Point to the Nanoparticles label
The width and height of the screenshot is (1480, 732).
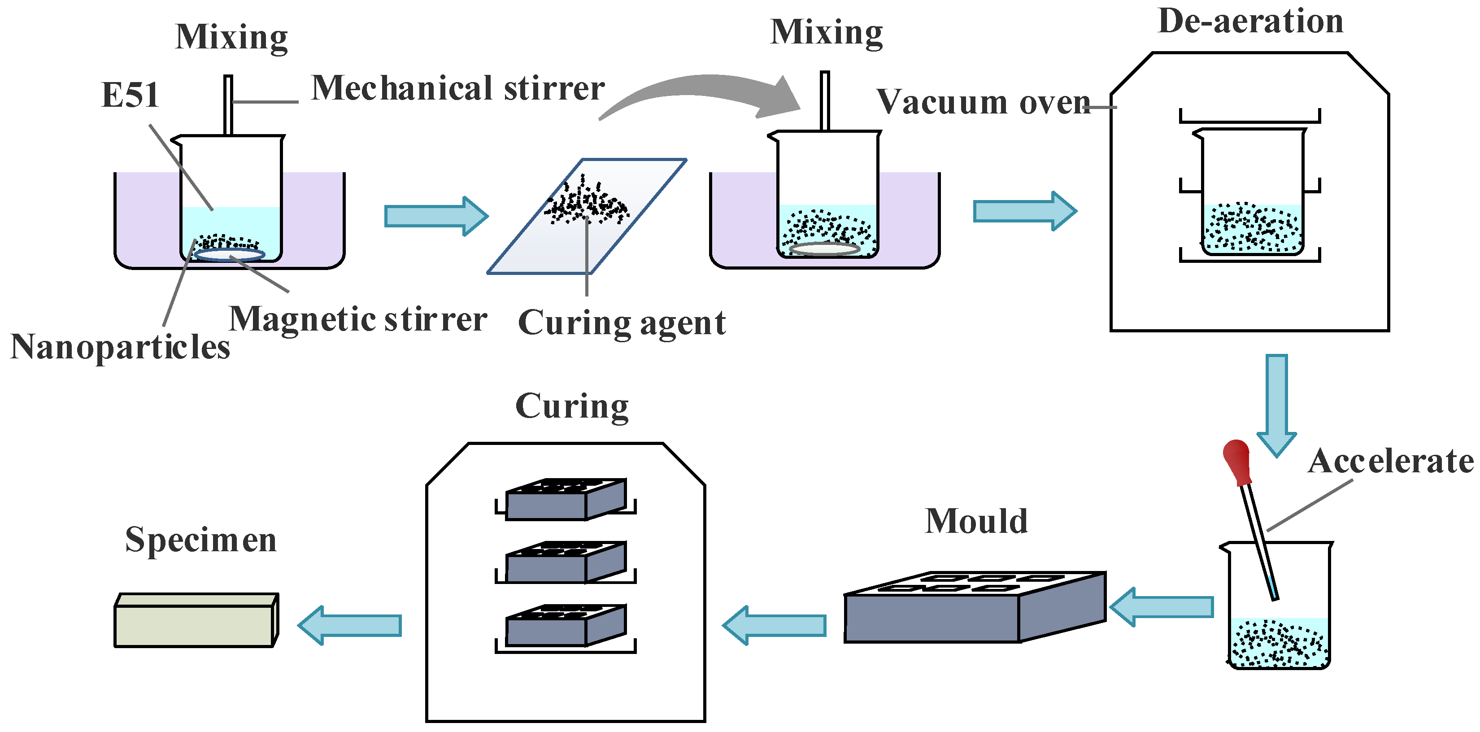pyautogui.click(x=120, y=347)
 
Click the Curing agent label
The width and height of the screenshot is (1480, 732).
pyautogui.click(x=621, y=323)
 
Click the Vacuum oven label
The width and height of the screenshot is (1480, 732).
pyautogui.click(x=983, y=102)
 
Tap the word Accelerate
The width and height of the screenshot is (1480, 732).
pyautogui.click(x=1390, y=461)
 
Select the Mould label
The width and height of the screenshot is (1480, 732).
pyautogui.click(x=975, y=521)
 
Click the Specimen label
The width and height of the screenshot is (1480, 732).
pyautogui.click(x=200, y=540)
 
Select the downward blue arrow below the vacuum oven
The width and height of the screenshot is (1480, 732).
pyautogui.click(x=1277, y=405)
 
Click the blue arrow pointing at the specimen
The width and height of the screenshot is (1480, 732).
pyautogui.click(x=350, y=625)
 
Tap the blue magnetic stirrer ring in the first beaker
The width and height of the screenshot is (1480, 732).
pyautogui.click(x=229, y=254)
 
